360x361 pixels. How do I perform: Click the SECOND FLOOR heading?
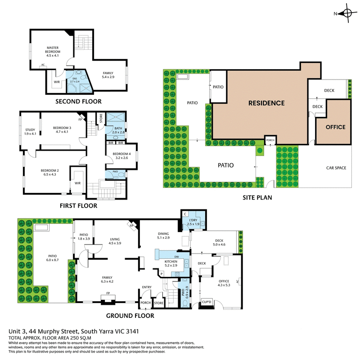click(78, 102)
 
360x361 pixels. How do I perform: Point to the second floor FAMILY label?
click(108, 75)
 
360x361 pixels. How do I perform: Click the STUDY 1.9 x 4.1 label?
click(30, 132)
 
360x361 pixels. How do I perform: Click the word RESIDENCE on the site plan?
click(266, 103)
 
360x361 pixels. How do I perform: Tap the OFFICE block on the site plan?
click(335, 127)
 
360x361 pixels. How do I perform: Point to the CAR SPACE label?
click(336, 168)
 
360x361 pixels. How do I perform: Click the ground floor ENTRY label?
click(147, 287)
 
